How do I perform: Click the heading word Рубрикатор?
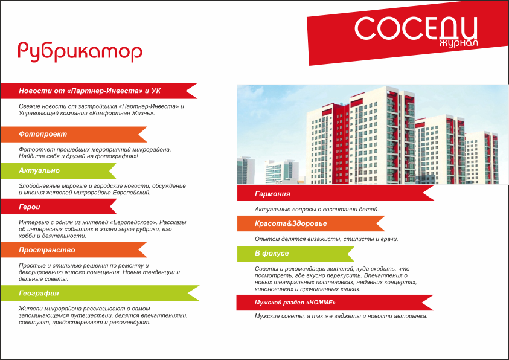80,52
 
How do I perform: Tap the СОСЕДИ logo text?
416,28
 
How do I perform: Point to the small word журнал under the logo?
459,43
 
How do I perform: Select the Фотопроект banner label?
43,134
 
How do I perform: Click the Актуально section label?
39,170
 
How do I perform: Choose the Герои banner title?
30,207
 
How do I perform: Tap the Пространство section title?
47,250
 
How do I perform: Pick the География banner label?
39,293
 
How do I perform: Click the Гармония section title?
272,194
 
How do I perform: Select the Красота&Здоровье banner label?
291,223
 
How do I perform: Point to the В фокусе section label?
272,253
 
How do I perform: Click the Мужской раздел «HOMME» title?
295,303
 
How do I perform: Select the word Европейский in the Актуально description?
132,193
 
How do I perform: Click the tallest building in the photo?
382,135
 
